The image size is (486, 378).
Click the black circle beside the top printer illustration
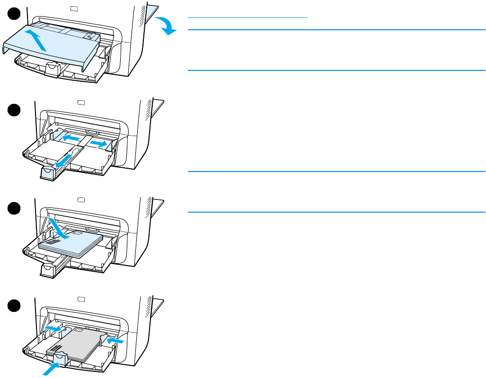[x=14, y=15]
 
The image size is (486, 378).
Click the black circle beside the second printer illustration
[x=14, y=110]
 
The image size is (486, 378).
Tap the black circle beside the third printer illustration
[x=14, y=208]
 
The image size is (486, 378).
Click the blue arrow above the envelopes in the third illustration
[x=59, y=227]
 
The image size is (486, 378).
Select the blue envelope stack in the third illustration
[x=71, y=244]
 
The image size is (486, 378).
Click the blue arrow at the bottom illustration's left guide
[x=53, y=327]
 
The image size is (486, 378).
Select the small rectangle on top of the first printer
[x=73, y=8]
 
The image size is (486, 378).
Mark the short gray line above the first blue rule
[x=247, y=17]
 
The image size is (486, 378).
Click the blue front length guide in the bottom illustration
[x=61, y=358]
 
